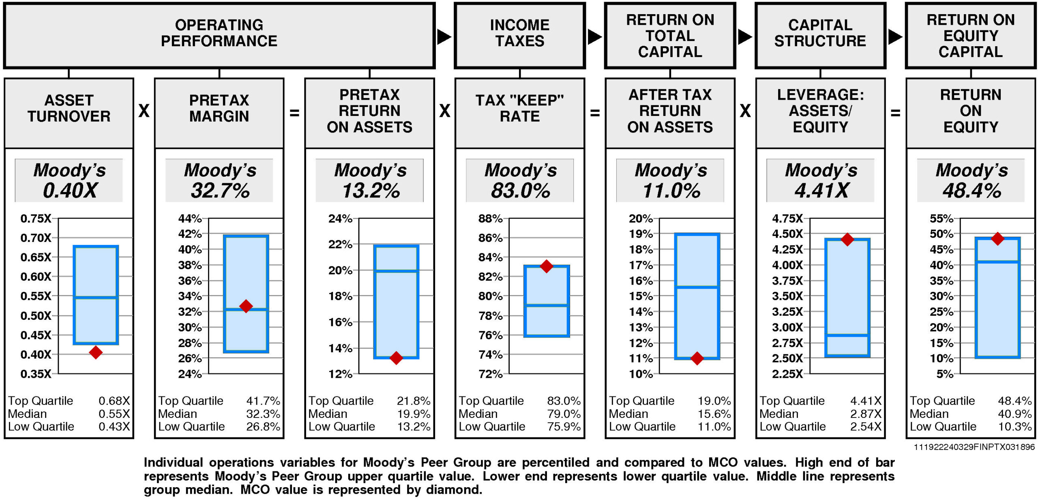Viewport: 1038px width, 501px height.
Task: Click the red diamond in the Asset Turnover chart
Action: pyautogui.click(x=96, y=352)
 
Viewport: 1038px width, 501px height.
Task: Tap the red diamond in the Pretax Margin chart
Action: pyautogui.click(x=246, y=306)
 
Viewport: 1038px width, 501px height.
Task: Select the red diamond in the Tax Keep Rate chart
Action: pyautogui.click(x=547, y=266)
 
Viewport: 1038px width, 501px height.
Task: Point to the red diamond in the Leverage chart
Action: pyautogui.click(x=847, y=240)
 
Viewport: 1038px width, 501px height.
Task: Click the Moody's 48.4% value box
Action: pyautogui.click(x=971, y=180)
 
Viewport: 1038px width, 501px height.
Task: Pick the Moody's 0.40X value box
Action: pyautogui.click(x=69, y=180)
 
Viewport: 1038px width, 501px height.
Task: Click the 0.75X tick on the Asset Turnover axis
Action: pyautogui.click(x=36, y=218)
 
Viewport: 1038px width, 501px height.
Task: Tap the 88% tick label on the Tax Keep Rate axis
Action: pyautogui.click(x=490, y=218)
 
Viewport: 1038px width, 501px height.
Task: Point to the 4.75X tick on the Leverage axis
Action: pyautogui.click(x=787, y=218)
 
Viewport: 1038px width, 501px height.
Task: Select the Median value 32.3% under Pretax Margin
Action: pyautogui.click(x=263, y=414)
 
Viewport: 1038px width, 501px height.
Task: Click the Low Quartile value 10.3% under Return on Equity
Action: pyautogui.click(x=1014, y=426)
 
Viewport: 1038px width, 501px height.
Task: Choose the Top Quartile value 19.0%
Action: pyautogui.click(x=714, y=401)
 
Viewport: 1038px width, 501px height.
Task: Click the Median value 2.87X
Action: pyautogui.click(x=866, y=414)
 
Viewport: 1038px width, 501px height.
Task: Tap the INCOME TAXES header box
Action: pyautogui.click(x=520, y=36)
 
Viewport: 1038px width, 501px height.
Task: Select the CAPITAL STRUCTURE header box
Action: pyautogui.click(x=820, y=36)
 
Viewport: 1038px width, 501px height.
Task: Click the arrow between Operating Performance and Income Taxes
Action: pyautogui.click(x=444, y=37)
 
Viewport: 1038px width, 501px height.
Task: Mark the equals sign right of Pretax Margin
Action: pyautogui.click(x=294, y=113)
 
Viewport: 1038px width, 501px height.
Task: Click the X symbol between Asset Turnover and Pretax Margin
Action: pyautogui.click(x=144, y=111)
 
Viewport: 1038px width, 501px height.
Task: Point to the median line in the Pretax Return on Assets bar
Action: pyautogui.click(x=396, y=271)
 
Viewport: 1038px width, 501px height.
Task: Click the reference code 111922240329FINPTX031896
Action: pyautogui.click(x=974, y=447)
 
